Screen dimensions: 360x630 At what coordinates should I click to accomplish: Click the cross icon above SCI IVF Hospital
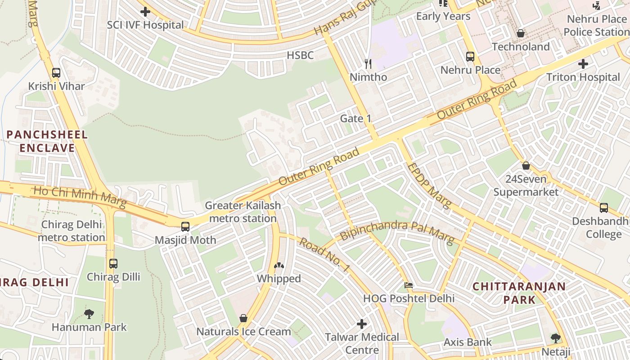145,12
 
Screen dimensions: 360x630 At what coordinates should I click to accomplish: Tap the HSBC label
300,55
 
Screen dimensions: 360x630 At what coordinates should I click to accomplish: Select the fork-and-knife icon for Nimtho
368,64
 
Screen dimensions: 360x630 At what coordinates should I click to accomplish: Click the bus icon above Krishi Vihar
56,73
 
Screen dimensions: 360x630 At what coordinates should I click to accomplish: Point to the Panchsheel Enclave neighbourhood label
47,141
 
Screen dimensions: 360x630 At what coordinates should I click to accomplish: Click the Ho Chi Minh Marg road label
80,197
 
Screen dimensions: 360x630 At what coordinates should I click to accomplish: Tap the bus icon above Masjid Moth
185,227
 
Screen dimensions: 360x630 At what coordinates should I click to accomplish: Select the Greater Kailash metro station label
243,212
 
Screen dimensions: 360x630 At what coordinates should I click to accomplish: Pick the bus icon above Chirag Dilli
113,264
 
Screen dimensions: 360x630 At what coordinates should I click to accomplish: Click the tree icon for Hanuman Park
89,314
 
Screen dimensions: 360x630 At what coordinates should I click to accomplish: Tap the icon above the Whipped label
279,266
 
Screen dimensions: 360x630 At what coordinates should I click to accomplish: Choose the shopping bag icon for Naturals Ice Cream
243,319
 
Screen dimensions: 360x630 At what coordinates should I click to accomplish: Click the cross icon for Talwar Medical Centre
362,324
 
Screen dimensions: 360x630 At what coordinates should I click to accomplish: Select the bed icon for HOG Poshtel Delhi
409,285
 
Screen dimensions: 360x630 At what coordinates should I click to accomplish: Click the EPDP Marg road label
428,186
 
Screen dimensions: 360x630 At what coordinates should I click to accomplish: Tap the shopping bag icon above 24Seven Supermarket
526,166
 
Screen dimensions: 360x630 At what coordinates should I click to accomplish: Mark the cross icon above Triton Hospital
583,64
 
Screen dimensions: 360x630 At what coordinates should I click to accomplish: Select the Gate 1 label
355,118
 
